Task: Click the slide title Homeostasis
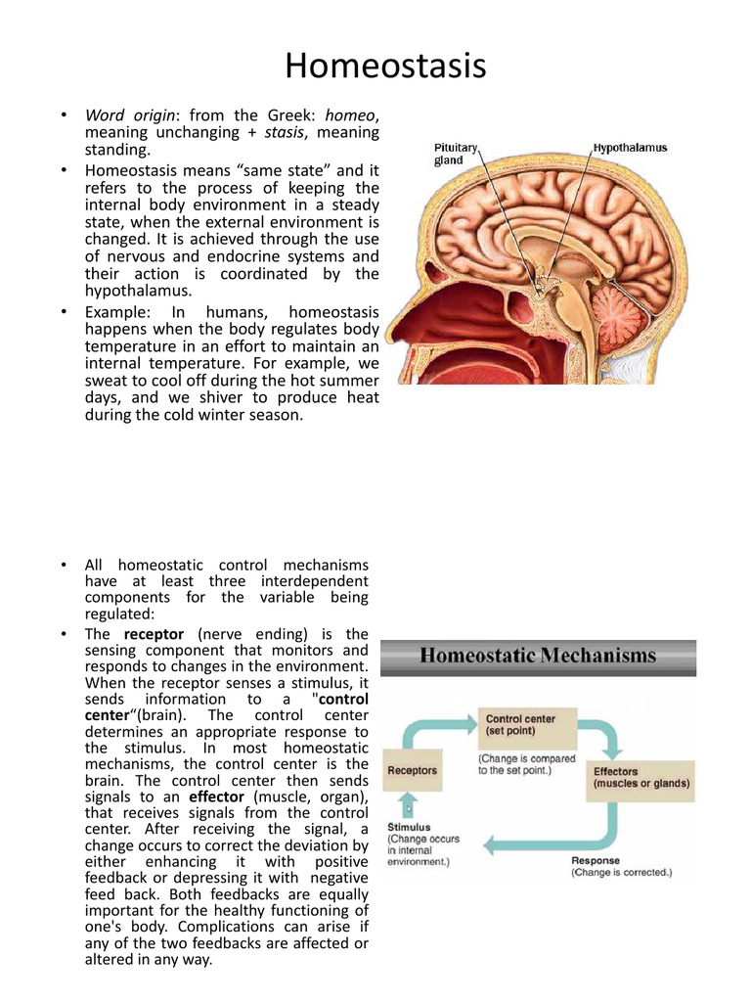[384, 67]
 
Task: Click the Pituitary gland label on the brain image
[456, 154]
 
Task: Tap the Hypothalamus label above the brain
[630, 148]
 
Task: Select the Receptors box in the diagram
[413, 770]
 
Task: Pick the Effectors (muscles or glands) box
[641, 777]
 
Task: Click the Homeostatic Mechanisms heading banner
[538, 657]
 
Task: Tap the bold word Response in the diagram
[596, 860]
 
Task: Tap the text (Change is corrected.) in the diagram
[622, 872]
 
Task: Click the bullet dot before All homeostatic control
[61, 565]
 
